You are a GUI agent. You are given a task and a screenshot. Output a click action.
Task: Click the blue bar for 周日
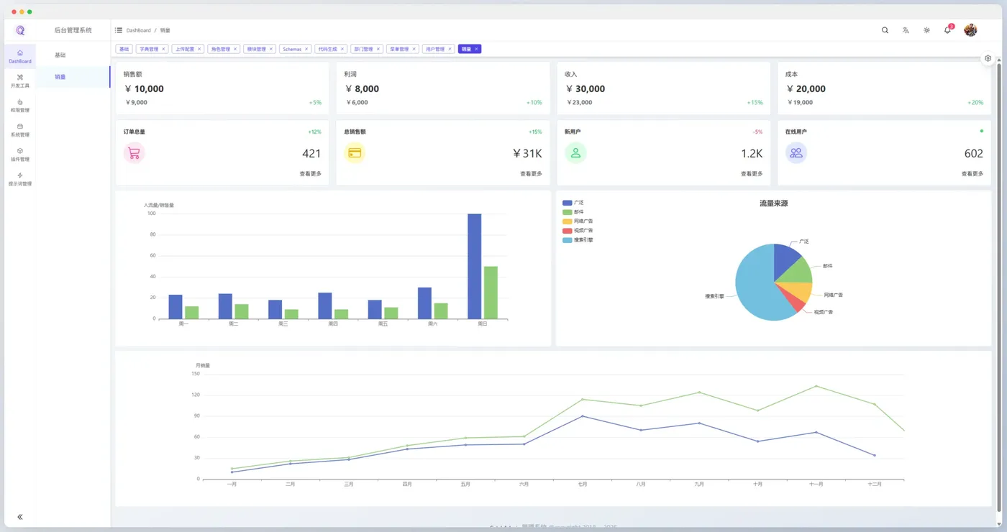point(475,266)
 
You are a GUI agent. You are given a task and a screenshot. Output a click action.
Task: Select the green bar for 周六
point(441,311)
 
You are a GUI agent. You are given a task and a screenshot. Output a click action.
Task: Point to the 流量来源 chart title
point(773,203)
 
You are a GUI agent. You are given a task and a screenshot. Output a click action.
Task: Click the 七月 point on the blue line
point(583,416)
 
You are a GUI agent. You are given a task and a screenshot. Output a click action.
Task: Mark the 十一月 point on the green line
point(816,386)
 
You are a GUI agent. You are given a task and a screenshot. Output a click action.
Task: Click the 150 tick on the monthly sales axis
point(196,374)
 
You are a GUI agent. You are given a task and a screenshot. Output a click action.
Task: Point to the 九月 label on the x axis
point(699,485)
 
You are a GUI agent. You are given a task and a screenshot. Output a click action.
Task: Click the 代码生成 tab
point(327,49)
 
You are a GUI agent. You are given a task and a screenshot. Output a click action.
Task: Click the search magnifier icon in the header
point(885,30)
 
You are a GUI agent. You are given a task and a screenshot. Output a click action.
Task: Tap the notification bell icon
point(947,30)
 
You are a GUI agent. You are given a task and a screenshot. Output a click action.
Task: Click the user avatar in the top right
point(970,30)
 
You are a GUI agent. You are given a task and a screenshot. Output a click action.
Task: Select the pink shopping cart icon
point(134,153)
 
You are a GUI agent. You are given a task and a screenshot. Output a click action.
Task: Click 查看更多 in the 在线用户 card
point(972,174)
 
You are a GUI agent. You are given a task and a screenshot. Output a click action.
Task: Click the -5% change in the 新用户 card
point(757,132)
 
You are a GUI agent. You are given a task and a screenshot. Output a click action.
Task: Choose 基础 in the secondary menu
point(60,55)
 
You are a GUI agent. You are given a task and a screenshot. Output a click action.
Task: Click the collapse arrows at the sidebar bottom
point(20,517)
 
